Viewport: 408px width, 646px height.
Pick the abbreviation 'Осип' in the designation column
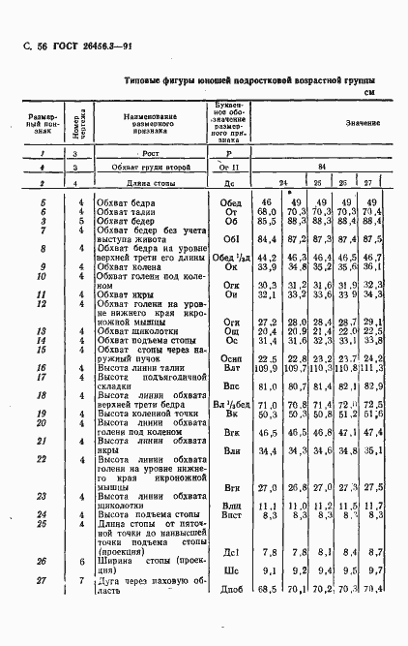[230, 385]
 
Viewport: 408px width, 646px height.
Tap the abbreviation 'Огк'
[230, 311]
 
